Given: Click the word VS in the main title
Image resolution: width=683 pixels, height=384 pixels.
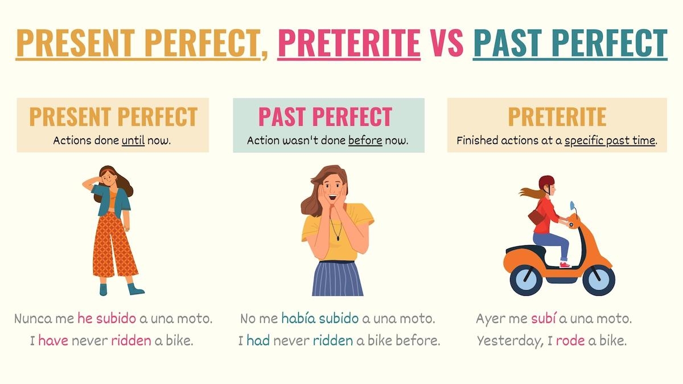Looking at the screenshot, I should click(x=447, y=43).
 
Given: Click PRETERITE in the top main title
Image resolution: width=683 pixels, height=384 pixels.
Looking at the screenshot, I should click(x=349, y=43).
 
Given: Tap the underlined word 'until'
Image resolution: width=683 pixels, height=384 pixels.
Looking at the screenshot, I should click(x=133, y=140).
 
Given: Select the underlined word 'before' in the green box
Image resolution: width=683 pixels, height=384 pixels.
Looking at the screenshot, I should click(x=365, y=140).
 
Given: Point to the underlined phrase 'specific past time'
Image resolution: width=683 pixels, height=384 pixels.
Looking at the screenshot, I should click(x=610, y=140).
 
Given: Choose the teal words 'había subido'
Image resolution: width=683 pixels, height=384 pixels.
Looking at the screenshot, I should click(x=320, y=319).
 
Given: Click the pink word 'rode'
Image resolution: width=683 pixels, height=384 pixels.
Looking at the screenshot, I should click(x=570, y=341).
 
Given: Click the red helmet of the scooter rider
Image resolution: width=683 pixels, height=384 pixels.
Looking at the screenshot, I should click(x=546, y=183).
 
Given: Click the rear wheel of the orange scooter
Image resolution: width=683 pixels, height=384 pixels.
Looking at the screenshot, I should click(x=526, y=279).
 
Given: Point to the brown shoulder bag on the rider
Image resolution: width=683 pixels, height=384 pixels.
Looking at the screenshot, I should click(x=535, y=216).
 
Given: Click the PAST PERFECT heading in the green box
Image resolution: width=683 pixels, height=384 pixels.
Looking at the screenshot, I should click(x=325, y=117).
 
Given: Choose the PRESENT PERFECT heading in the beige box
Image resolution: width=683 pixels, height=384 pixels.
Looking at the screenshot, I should click(x=113, y=117).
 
